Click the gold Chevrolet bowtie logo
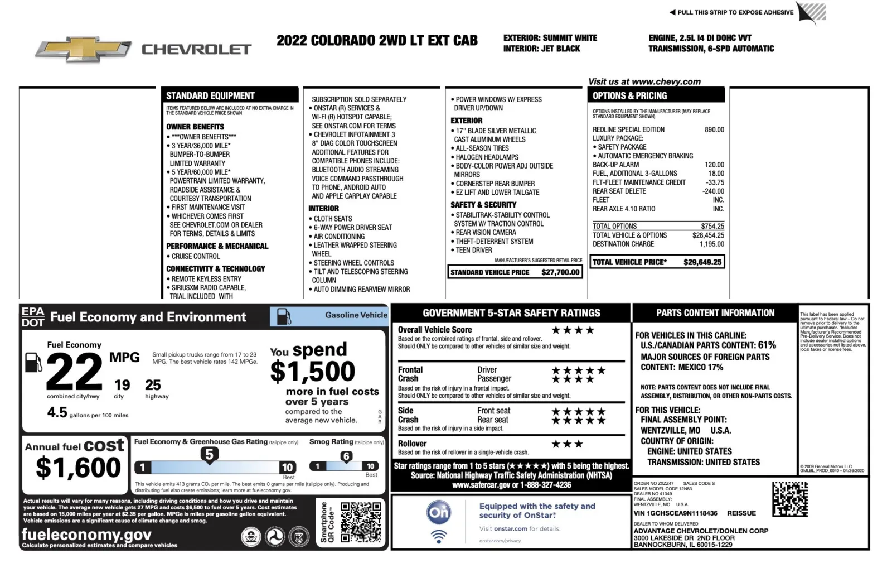click(83, 50)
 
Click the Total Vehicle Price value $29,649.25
click(702, 262)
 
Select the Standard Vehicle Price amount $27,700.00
click(560, 272)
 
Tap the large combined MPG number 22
click(74, 372)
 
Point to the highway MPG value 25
click(153, 385)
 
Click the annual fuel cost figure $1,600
click(78, 468)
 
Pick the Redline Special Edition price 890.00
click(714, 129)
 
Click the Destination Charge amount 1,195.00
click(711, 244)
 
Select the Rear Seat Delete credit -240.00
click(713, 191)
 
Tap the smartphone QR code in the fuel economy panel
click(361, 522)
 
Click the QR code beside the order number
click(789, 499)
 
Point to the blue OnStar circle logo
click(439, 512)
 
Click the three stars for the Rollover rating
click(567, 444)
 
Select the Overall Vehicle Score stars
click(573, 330)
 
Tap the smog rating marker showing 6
click(346, 456)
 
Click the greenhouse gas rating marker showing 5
click(209, 454)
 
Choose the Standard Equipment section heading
click(210, 95)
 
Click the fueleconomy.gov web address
click(86, 535)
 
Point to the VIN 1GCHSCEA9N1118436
click(675, 513)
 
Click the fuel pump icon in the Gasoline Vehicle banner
click(284, 316)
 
